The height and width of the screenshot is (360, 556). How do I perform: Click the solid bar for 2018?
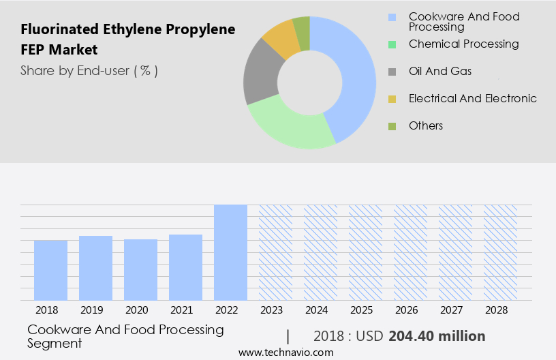coord(50,270)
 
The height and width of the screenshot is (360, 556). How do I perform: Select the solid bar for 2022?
coord(230,252)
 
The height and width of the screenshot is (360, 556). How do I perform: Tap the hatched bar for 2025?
coord(365,252)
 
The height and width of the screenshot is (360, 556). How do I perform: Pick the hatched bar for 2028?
coord(500,252)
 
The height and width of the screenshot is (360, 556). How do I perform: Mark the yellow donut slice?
coord(281,40)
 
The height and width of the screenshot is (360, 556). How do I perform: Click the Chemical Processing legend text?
coord(463,44)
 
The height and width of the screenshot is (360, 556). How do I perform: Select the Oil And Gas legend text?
coord(439,71)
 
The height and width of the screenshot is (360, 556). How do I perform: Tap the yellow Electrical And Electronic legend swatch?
coord(392,99)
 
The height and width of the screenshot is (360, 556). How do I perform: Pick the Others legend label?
coord(426,125)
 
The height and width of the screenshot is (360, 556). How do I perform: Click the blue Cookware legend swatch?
coord(392,17)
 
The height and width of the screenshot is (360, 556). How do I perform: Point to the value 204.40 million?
coord(437,336)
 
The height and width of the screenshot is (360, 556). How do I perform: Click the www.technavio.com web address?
coord(286,352)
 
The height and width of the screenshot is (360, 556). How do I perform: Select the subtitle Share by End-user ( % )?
coord(89,70)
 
